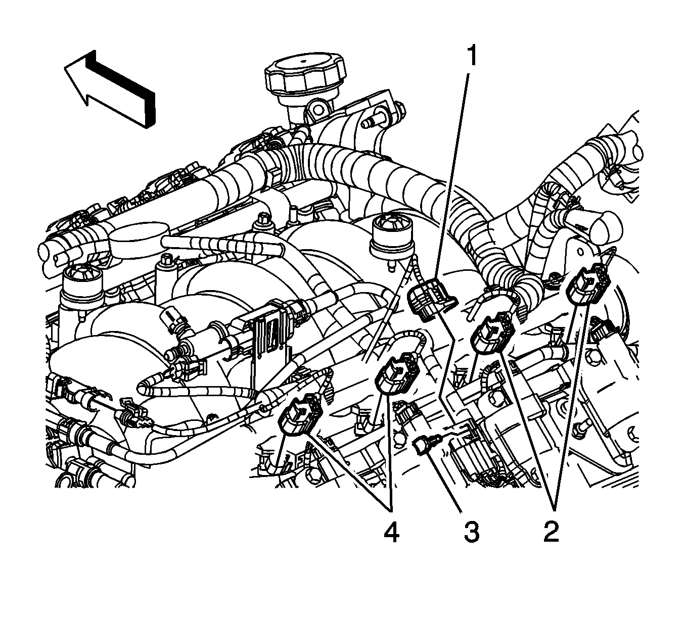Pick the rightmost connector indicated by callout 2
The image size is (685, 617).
586,287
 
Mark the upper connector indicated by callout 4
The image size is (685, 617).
397,374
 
